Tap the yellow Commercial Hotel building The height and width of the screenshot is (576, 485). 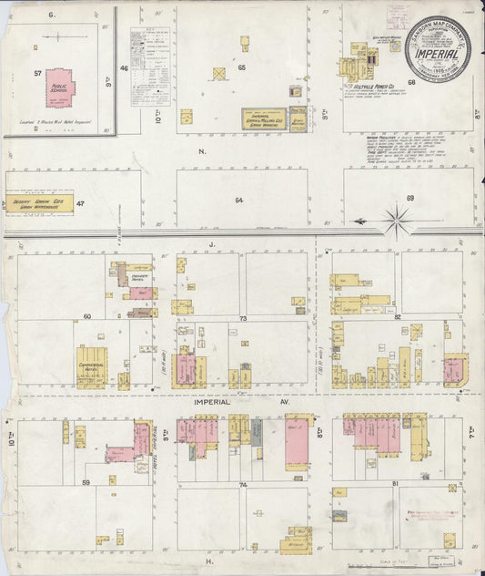pyautogui.click(x=92, y=365)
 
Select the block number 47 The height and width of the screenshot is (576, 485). pyautogui.click(x=81, y=203)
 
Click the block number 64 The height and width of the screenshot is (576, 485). pyautogui.click(x=239, y=199)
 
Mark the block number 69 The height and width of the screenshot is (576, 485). pyautogui.click(x=409, y=198)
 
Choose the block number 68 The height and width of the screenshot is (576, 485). pyautogui.click(x=411, y=83)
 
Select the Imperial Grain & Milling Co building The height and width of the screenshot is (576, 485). pyautogui.click(x=264, y=118)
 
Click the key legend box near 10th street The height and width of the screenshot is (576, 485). pyautogui.click(x=149, y=66)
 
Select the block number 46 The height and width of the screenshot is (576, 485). pyautogui.click(x=124, y=68)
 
